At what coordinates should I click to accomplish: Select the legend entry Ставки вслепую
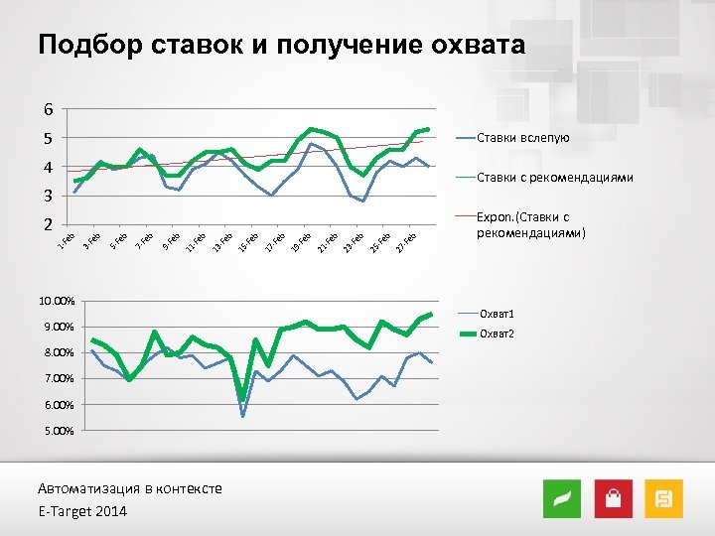pos(522,137)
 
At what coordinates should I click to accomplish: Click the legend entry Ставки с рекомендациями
pos(554,178)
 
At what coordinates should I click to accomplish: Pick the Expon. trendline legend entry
pos(530,224)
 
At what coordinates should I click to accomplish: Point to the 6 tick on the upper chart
pos(47,109)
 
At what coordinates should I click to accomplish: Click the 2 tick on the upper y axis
pos(47,224)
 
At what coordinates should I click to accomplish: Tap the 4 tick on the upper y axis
pos(47,167)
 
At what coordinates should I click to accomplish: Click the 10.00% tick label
pos(57,301)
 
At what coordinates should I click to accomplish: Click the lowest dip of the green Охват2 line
pos(242,399)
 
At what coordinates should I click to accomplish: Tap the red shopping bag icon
pos(613,499)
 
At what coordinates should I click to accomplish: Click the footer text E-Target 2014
pos(82,511)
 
